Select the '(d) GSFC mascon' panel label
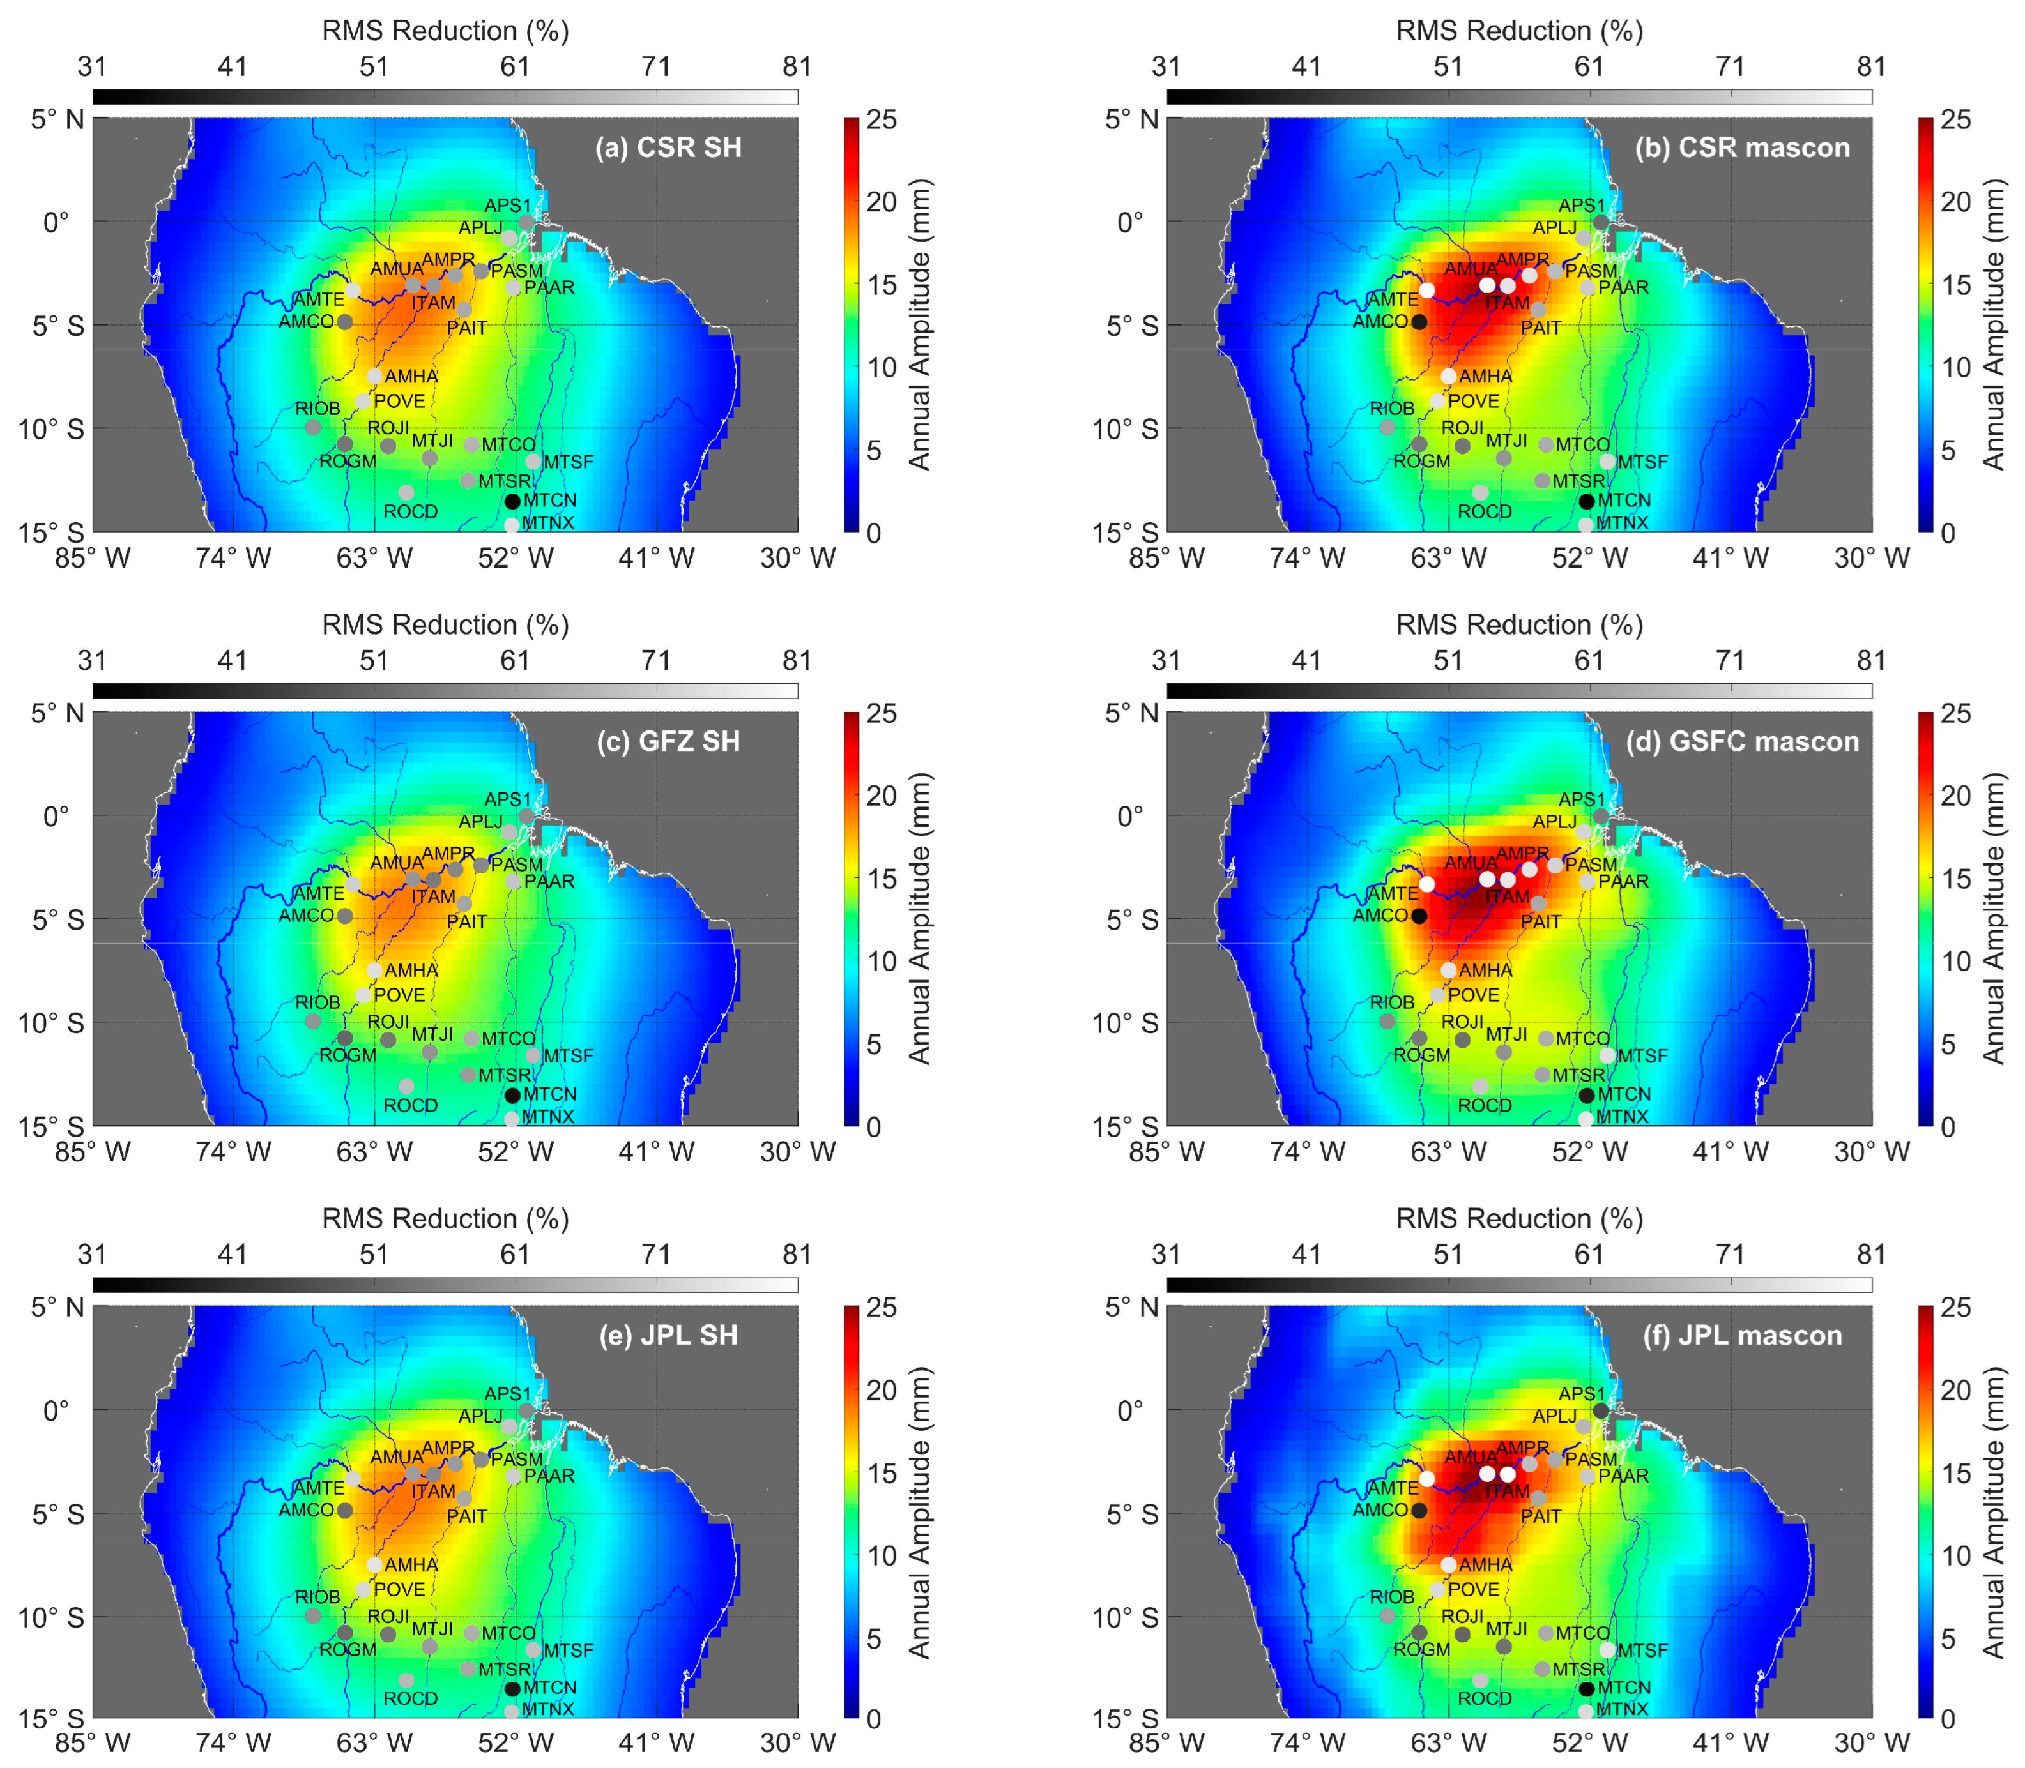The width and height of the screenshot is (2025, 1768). (x=1742, y=742)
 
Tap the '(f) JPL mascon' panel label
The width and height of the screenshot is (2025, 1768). (x=1742, y=1336)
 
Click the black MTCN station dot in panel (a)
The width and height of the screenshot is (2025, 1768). (x=512, y=501)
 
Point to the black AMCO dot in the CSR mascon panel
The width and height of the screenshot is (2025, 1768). (x=1419, y=322)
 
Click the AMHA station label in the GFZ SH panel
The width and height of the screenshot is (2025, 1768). (x=411, y=971)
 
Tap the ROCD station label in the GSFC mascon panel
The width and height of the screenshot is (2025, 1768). (x=1484, y=1106)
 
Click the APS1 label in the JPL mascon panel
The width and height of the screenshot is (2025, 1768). (x=1582, y=1394)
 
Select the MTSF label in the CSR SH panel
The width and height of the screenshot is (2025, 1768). (x=569, y=462)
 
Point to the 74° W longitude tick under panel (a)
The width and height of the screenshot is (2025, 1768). (x=233, y=559)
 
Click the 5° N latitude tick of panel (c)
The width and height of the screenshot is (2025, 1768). (x=57, y=713)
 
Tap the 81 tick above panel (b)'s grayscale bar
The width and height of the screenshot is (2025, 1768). (x=1871, y=67)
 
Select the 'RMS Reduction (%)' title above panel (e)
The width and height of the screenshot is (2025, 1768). (x=445, y=1220)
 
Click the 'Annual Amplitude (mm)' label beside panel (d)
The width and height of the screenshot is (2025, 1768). (x=1994, y=919)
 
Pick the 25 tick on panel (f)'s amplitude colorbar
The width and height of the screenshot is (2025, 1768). (x=1955, y=1308)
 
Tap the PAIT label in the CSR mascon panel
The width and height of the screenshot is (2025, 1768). (x=1540, y=328)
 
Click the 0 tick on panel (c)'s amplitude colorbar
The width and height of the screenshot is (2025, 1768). (x=873, y=1127)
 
